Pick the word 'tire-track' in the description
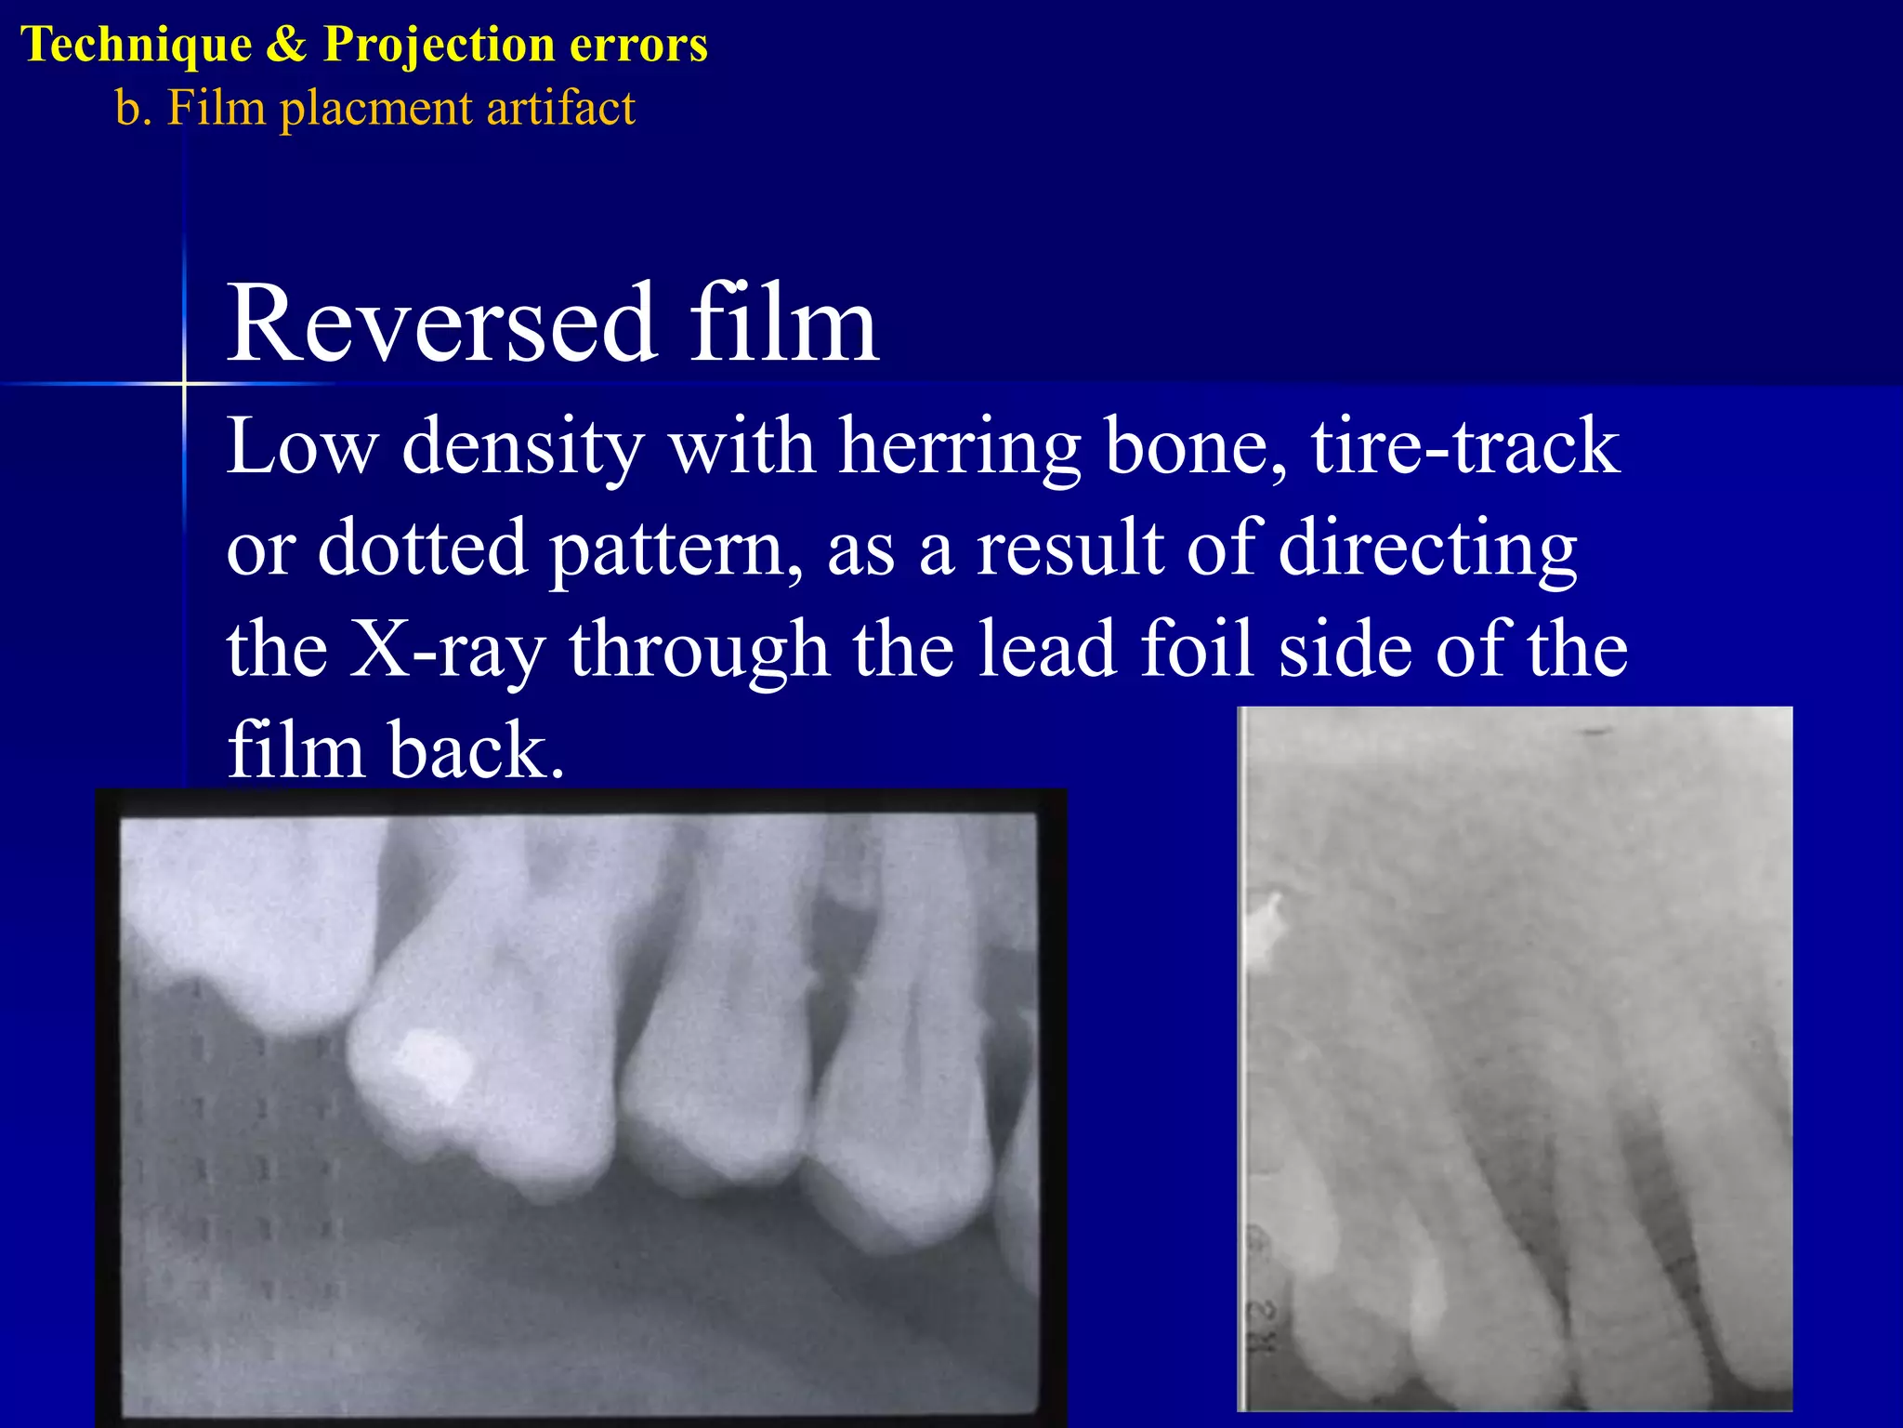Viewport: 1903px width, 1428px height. pyautogui.click(x=1465, y=446)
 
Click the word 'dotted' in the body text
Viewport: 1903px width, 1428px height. pyautogui.click(x=424, y=548)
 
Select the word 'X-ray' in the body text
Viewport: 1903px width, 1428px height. pyautogui.click(x=447, y=651)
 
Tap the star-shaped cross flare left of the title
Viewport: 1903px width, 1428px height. pyautogui.click(x=184, y=383)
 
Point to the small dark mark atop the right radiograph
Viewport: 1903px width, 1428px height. pyautogui.click(x=1596, y=733)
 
